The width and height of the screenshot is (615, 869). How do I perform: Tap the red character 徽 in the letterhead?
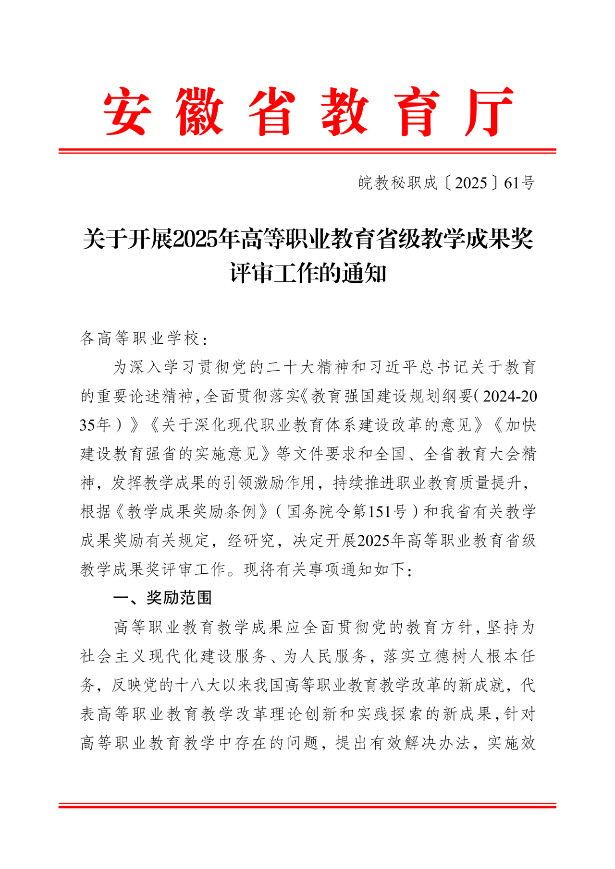click(x=199, y=111)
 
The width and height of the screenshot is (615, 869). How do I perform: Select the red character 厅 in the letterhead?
click(x=489, y=111)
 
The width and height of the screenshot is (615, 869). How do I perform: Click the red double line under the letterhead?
click(x=307, y=151)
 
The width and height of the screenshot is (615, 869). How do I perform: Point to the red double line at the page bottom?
click(x=307, y=805)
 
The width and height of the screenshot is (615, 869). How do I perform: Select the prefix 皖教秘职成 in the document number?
click(x=398, y=183)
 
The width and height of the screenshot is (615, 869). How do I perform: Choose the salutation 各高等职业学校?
click(x=139, y=339)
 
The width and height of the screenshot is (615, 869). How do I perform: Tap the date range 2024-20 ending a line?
click(x=510, y=396)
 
